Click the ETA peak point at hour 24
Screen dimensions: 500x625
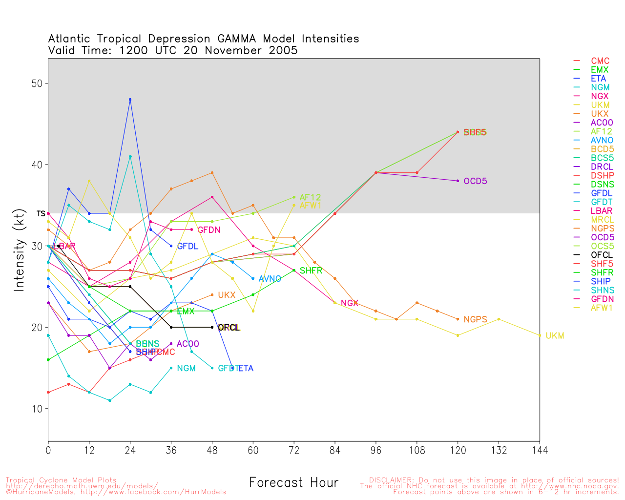130,100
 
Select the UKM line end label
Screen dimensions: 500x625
555,336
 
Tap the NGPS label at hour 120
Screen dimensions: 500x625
475,320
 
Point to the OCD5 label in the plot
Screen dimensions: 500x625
475,182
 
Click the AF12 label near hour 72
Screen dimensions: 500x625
310,198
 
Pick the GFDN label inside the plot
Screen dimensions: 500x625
209,230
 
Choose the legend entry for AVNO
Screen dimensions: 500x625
602,141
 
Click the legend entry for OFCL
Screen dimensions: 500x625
602,255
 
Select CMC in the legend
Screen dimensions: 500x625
600,62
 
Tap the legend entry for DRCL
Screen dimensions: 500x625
602,167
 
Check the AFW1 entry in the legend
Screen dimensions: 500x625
602,308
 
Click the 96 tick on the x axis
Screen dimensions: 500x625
375,450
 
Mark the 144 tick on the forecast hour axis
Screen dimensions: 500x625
540,450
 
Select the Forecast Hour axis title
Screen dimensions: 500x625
293,483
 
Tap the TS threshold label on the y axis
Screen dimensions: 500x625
41,213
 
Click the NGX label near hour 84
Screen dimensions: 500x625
350,304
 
